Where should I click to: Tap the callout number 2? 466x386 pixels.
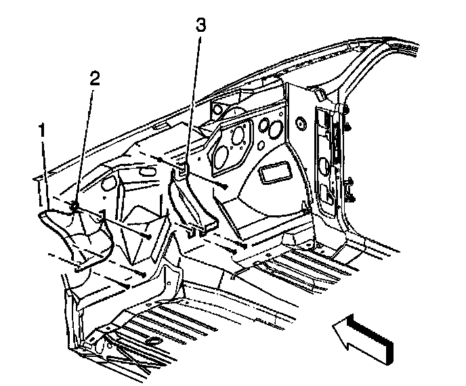pos(95,77)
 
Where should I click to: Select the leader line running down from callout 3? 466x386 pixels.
pos(194,95)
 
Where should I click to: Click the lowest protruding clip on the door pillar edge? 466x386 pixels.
pos(354,198)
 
